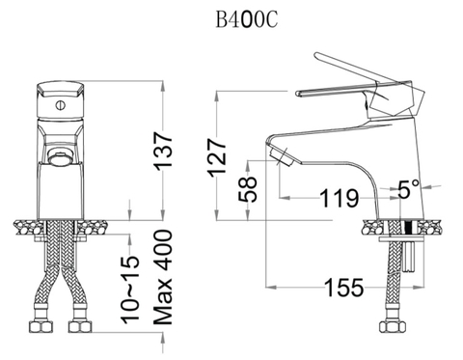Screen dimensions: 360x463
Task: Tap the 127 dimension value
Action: (220, 153)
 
